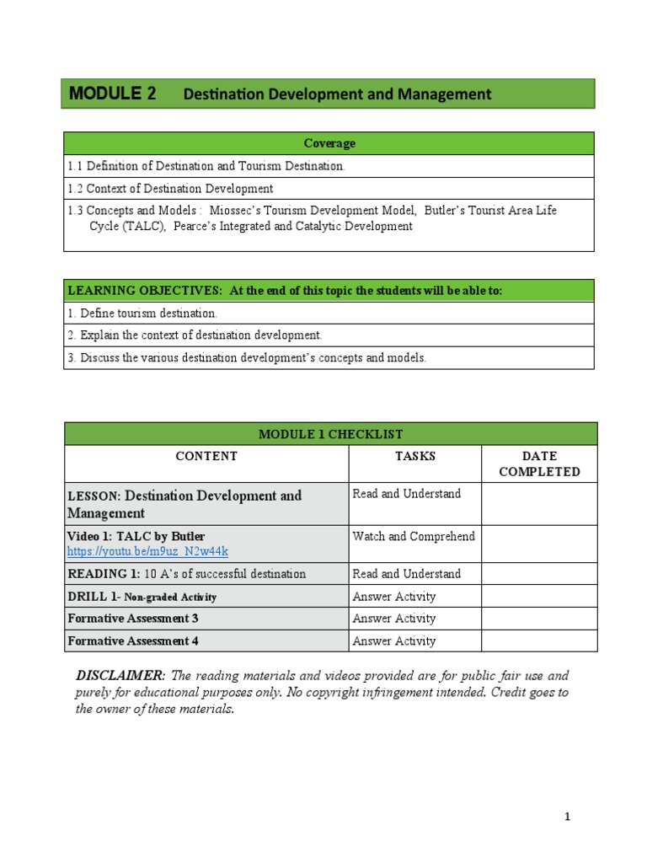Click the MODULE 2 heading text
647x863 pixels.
[x=112, y=94]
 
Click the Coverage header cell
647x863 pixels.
[x=329, y=143]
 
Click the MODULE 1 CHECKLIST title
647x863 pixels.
[x=330, y=434]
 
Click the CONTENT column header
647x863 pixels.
[x=206, y=456]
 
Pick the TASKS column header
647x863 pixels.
[x=415, y=456]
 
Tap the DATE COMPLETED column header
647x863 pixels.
[x=539, y=464]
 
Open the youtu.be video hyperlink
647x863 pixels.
[x=147, y=552]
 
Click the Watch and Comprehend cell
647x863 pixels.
[x=414, y=536]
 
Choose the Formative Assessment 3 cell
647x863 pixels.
[x=133, y=619]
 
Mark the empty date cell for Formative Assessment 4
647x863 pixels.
[x=539, y=641]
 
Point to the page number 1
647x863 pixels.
[x=568, y=817]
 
